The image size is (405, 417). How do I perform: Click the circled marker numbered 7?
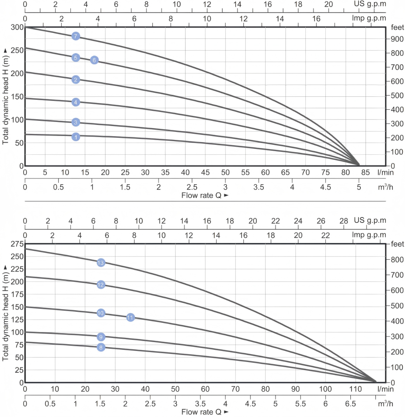point(76,36)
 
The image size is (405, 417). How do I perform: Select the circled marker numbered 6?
point(94,60)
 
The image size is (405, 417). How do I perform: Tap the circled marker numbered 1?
point(76,137)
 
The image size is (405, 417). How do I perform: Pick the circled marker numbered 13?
point(101,263)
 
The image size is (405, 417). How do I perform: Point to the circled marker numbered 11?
point(130,317)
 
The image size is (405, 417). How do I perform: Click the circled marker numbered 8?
point(101,347)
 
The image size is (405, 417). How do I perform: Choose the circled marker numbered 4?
point(76,102)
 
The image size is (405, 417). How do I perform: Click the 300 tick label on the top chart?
point(17,27)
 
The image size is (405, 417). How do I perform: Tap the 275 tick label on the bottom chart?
point(17,244)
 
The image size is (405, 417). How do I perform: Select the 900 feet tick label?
point(397,39)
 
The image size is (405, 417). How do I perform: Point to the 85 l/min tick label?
point(366,173)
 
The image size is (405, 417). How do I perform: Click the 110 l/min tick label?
point(355,389)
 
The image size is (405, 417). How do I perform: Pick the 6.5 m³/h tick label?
point(350,404)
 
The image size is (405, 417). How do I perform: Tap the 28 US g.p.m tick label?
point(344,221)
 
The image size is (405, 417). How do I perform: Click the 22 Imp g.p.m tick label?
point(325,235)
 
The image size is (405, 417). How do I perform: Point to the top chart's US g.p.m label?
point(370,4)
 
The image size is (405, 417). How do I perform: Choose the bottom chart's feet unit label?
point(397,244)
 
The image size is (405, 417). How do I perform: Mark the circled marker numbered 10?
point(101,313)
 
